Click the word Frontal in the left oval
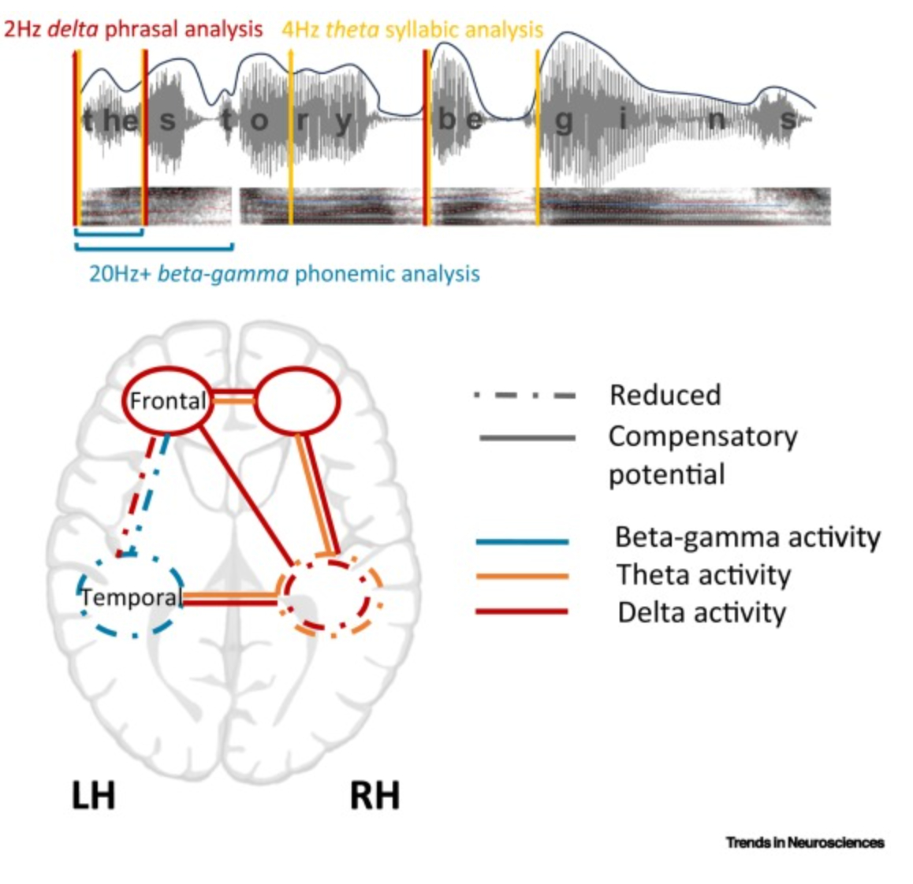[166, 401]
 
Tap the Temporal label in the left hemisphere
[131, 597]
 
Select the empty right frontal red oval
[298, 401]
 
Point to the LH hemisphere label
[94, 796]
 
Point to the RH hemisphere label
[375, 796]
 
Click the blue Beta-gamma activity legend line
[521, 541]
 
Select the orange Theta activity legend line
[521, 577]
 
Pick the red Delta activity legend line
[521, 611]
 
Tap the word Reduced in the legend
[665, 395]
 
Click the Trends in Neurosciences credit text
[804, 842]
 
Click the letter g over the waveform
[563, 121]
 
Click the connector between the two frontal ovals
[234, 397]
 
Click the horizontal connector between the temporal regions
[229, 599]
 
